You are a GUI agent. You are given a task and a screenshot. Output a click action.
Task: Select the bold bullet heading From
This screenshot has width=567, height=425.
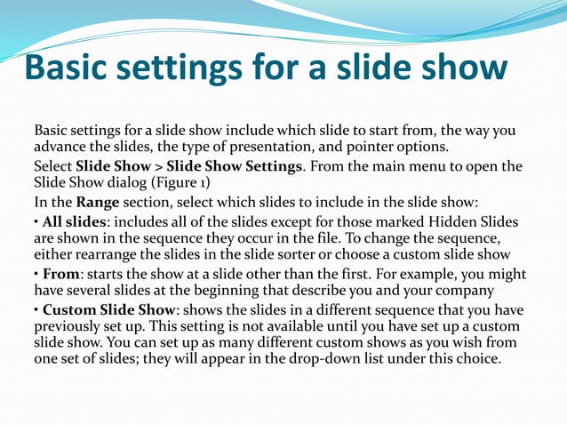coord(61,275)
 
